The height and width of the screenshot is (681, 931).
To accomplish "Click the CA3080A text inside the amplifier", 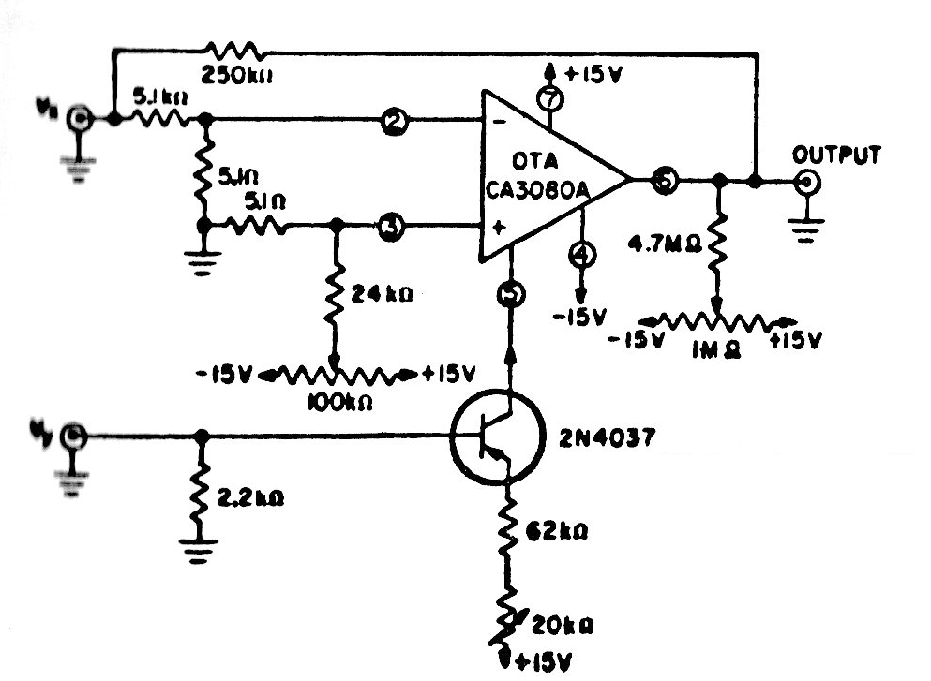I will point(537,191).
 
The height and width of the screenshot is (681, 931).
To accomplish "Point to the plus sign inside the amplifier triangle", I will point(497,227).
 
